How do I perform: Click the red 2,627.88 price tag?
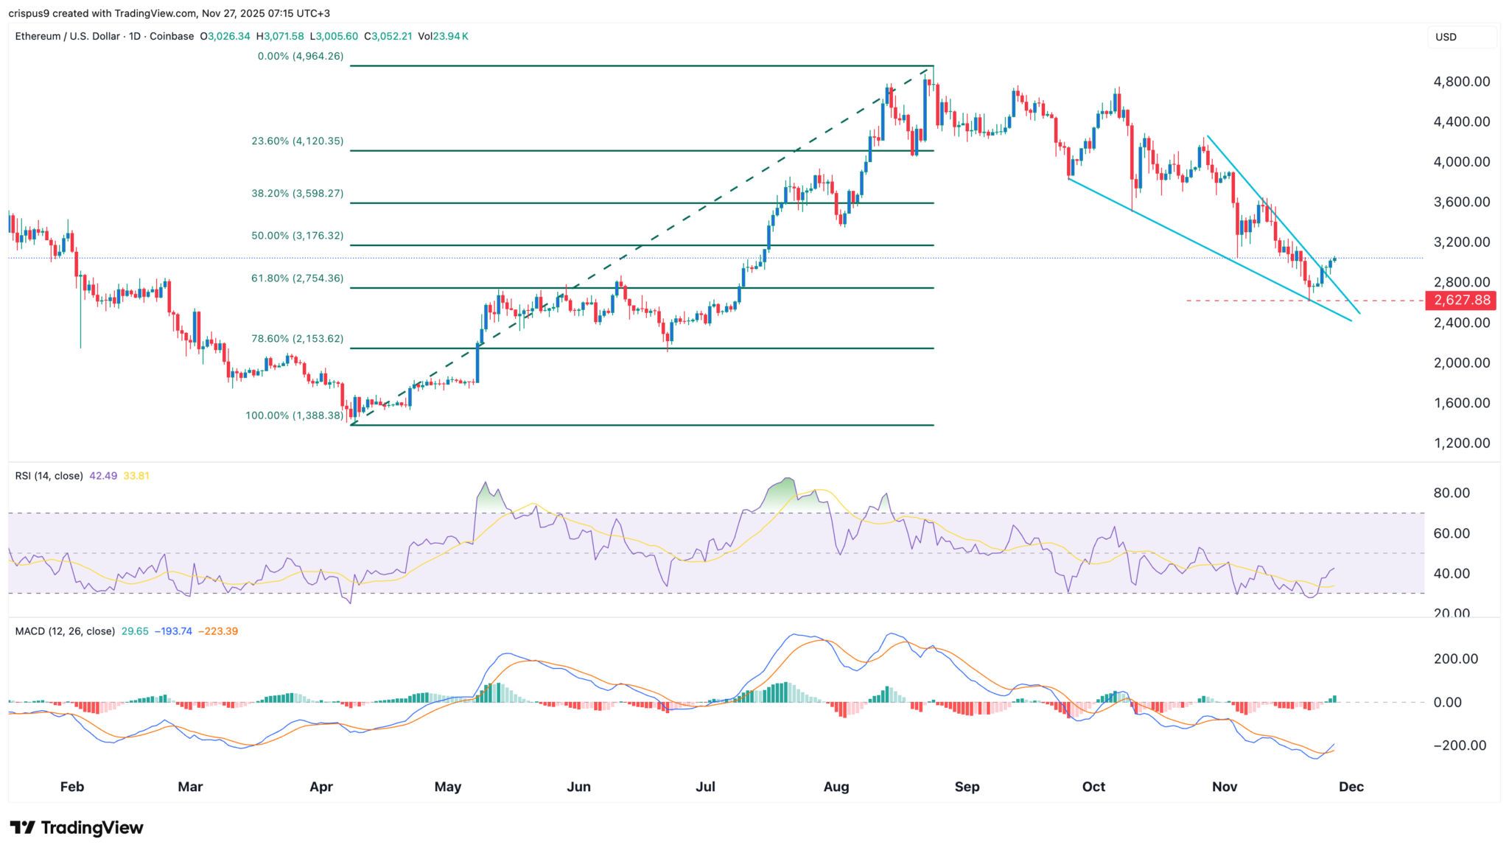click(1461, 301)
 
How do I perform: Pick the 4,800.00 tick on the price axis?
click(1461, 82)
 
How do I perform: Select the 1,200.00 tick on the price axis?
click(1461, 443)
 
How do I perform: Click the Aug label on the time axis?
click(836, 787)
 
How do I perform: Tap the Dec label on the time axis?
click(1351, 787)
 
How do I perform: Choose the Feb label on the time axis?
click(71, 787)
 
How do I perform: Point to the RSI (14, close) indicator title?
click(49, 476)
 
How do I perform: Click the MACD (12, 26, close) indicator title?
click(65, 631)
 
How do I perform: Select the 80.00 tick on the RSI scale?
click(1451, 494)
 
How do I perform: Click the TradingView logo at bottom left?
click(77, 828)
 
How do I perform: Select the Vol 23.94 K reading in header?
click(443, 36)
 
